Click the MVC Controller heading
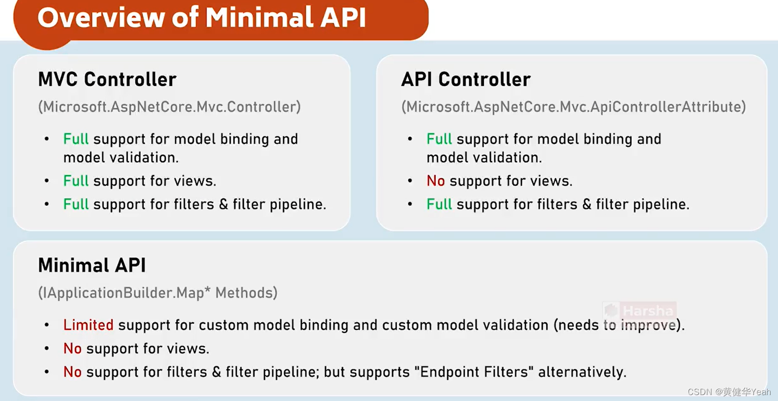point(107,80)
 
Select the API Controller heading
point(466,80)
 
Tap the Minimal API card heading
point(92,266)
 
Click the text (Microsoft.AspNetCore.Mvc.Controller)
point(169,107)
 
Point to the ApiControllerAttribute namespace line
point(573,107)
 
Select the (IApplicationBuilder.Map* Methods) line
point(157,293)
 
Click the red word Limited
point(88,325)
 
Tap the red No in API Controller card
point(435,181)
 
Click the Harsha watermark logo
point(639,311)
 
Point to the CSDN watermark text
point(729,392)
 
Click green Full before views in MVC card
point(75,181)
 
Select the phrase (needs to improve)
point(619,325)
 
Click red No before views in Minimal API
point(72,349)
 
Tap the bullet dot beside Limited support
point(47,325)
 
